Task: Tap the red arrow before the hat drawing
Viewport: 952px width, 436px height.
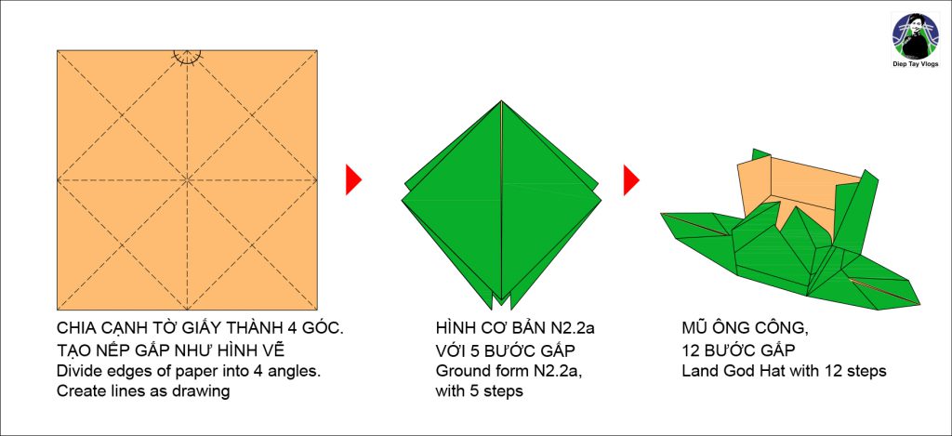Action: pyautogui.click(x=631, y=179)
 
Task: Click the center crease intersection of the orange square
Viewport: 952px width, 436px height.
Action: pyautogui.click(x=187, y=178)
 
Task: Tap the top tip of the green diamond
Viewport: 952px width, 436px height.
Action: pyautogui.click(x=502, y=101)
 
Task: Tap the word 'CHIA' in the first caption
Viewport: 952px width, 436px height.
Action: pyautogui.click(x=76, y=330)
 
